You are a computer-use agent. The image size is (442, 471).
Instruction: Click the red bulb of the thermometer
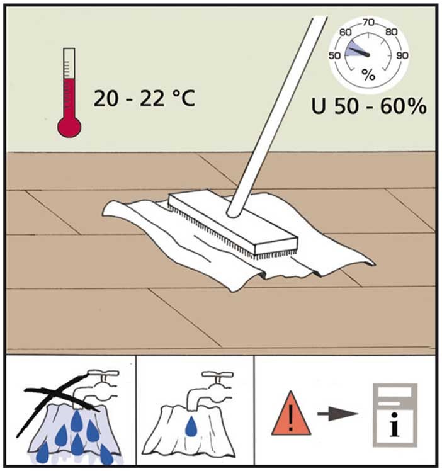pyautogui.click(x=69, y=127)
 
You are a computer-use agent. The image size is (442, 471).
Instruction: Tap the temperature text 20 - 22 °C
pyautogui.click(x=144, y=98)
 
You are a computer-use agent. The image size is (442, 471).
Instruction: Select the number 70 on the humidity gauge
pyautogui.click(x=368, y=23)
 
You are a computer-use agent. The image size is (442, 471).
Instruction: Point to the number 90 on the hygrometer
pyautogui.click(x=402, y=55)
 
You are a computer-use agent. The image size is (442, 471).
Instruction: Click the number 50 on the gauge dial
pyautogui.click(x=334, y=55)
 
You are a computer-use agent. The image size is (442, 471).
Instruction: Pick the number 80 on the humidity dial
pyautogui.click(x=391, y=32)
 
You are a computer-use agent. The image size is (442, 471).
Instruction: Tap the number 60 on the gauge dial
pyautogui.click(x=345, y=32)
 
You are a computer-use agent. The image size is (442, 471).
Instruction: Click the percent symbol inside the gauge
pyautogui.click(x=368, y=74)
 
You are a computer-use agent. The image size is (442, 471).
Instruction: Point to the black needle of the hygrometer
pyautogui.click(x=359, y=52)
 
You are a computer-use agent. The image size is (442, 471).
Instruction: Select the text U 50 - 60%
pyautogui.click(x=369, y=106)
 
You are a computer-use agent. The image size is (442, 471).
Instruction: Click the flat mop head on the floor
pyautogui.click(x=233, y=222)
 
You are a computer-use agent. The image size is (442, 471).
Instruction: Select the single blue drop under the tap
pyautogui.click(x=191, y=426)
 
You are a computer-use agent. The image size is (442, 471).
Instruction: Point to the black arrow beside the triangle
pyautogui.click(x=337, y=414)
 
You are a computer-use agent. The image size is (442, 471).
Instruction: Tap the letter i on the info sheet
pyautogui.click(x=395, y=424)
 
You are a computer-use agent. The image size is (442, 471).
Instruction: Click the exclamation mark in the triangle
pyautogui.click(x=290, y=417)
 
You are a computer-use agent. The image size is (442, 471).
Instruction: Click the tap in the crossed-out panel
pyautogui.click(x=96, y=387)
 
